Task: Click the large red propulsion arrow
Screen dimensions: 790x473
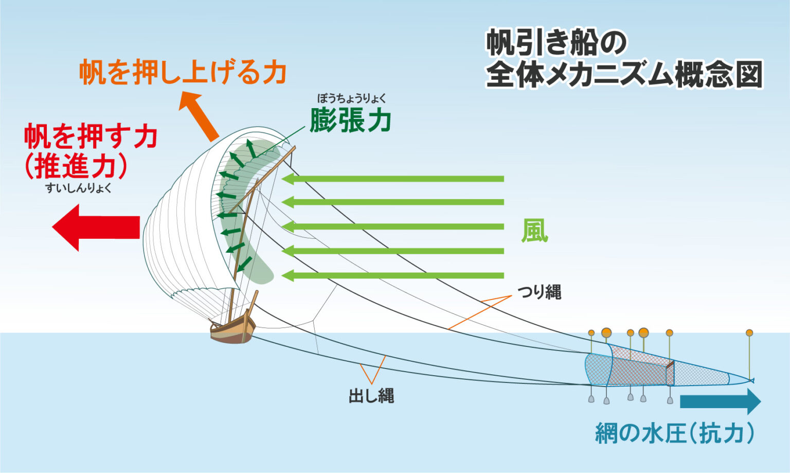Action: [x=96, y=227]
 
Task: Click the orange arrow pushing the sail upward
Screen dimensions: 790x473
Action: [x=199, y=116]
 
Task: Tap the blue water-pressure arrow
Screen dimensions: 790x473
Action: [x=720, y=401]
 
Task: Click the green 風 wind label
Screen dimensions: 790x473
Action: [x=535, y=231]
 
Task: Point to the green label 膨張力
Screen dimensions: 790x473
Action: [x=350, y=119]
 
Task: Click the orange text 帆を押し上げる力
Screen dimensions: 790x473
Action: [x=183, y=72]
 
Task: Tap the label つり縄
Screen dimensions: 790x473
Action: [x=539, y=292]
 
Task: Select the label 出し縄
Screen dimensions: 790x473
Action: [x=371, y=396]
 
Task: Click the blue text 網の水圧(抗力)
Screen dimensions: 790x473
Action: [x=675, y=433]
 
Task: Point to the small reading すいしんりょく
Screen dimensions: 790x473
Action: [x=78, y=188]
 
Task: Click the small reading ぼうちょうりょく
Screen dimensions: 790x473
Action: [x=352, y=98]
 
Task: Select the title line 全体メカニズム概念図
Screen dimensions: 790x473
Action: [x=624, y=75]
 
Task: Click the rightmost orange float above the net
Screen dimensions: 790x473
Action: [x=750, y=332]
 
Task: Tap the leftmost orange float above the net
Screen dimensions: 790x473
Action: [x=591, y=333]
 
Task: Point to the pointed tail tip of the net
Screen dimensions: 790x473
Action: [x=753, y=380]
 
